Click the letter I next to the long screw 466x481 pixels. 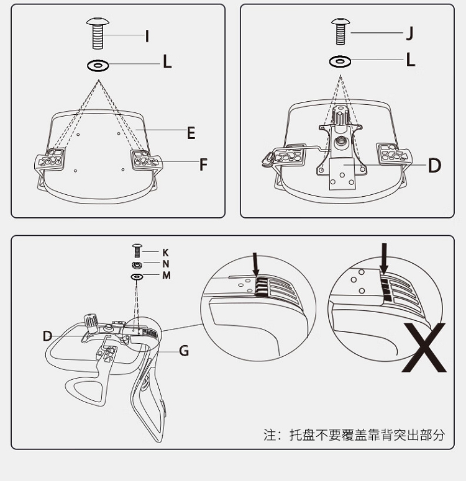[x=147, y=36]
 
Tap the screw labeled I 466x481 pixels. [x=98, y=33]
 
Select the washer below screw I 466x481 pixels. [x=98, y=65]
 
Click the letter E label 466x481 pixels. [x=191, y=133]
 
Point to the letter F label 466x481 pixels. [x=203, y=164]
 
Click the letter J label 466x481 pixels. [x=409, y=33]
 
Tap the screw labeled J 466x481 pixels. [x=340, y=31]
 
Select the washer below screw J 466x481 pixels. [x=340, y=61]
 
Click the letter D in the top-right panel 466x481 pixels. [x=434, y=166]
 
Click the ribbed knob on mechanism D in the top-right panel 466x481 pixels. [x=341, y=115]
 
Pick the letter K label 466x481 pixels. [x=165, y=253]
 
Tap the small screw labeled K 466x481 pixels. [x=137, y=251]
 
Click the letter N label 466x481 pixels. [x=166, y=264]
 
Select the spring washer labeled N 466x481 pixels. [x=137, y=264]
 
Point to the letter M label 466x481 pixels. [x=167, y=276]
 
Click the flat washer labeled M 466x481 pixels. [x=137, y=277]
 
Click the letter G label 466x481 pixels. [x=184, y=351]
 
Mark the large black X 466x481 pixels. [x=424, y=348]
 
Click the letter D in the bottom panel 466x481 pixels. [x=47, y=336]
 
